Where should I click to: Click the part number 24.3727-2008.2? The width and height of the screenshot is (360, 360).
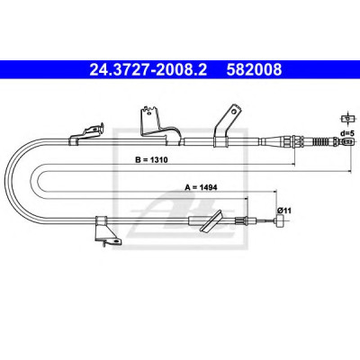click(148, 69)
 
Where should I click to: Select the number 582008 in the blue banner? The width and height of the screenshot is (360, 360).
click(254, 69)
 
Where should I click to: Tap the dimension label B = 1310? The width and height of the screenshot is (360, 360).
click(151, 160)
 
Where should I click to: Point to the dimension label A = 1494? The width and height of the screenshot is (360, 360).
click(201, 187)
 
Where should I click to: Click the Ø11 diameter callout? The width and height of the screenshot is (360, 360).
click(284, 211)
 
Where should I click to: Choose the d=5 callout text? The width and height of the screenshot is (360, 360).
click(347, 132)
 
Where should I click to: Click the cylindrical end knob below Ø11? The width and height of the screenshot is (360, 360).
click(281, 221)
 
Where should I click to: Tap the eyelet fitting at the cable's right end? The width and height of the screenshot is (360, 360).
click(348, 141)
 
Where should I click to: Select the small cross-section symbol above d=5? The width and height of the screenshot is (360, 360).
click(347, 118)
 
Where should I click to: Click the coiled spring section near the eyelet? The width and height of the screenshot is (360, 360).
click(321, 141)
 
